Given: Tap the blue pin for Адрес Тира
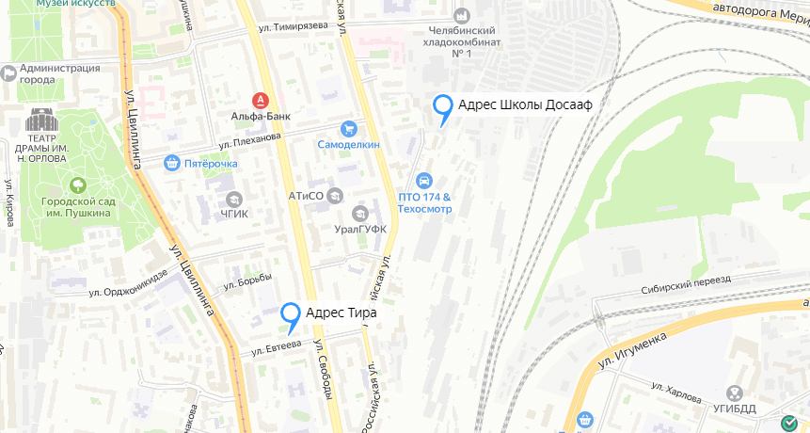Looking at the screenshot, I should [292, 314].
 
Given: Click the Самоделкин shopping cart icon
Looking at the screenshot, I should [349, 129].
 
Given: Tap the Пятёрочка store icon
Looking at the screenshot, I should [171, 163].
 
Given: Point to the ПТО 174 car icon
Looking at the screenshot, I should [425, 181].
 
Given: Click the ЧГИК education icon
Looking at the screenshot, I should [233, 199].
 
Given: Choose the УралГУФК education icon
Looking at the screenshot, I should [359, 214].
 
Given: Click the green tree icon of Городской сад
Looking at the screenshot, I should [77, 184].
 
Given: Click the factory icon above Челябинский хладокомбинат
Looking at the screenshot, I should [461, 16].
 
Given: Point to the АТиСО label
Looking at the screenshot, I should [306, 196].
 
